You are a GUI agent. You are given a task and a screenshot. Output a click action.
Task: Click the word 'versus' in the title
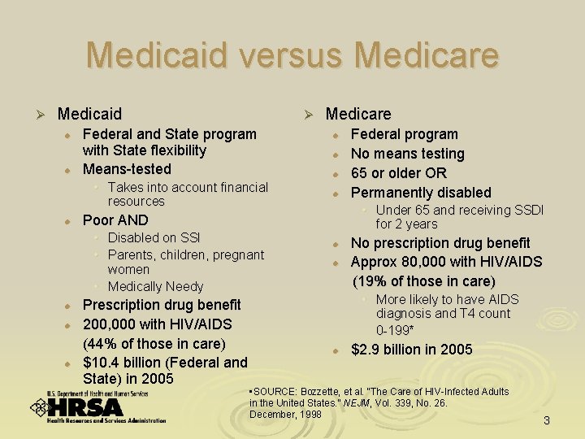pyautogui.click(x=292, y=55)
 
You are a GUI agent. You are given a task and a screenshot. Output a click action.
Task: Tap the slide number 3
pyautogui.click(x=547, y=420)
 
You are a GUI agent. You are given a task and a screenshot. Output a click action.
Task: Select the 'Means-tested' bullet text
pyautogui.click(x=127, y=169)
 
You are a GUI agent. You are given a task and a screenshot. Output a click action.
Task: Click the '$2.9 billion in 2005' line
pyautogui.click(x=411, y=350)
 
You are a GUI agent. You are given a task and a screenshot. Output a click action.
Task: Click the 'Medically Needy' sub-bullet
pyautogui.click(x=155, y=286)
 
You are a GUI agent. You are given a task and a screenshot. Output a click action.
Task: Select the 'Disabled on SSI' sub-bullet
pyautogui.click(x=154, y=237)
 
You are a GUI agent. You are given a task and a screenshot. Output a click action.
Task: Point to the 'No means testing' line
pyautogui.click(x=407, y=154)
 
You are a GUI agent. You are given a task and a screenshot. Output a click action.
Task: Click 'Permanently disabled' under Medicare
pyautogui.click(x=421, y=193)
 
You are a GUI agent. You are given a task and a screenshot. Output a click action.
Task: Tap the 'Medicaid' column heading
pyautogui.click(x=89, y=114)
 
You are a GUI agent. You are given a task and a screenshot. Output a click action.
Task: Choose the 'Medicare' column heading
pyautogui.click(x=358, y=114)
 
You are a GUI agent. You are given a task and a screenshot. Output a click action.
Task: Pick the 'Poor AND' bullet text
pyautogui.click(x=115, y=220)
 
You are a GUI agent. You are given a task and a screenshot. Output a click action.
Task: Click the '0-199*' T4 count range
pyautogui.click(x=395, y=330)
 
